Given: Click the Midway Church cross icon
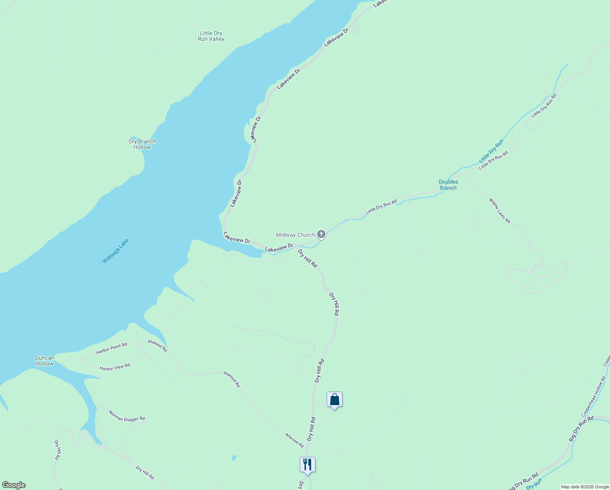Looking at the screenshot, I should click(x=321, y=234).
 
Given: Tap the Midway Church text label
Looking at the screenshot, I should click(x=295, y=235).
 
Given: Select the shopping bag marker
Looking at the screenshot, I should click(x=334, y=400).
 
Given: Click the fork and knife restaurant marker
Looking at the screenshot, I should click(x=307, y=465).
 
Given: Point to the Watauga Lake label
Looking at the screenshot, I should click(x=115, y=251).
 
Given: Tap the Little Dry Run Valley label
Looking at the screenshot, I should click(x=211, y=36).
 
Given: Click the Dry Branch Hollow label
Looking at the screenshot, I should click(x=142, y=144).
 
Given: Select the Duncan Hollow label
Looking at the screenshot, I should click(x=44, y=361).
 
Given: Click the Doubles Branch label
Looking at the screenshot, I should click(x=448, y=185).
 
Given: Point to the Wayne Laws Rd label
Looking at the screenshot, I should click(x=499, y=211).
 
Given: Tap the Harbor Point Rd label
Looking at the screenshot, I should click(x=112, y=348).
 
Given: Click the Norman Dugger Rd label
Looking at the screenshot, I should click(x=127, y=416).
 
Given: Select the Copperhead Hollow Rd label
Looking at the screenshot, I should click(x=595, y=396).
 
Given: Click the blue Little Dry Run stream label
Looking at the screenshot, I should click(x=491, y=151).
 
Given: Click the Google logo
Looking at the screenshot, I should click(x=13, y=485).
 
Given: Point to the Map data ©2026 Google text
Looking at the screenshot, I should click(x=585, y=487).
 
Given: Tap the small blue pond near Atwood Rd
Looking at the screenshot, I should click(x=234, y=458).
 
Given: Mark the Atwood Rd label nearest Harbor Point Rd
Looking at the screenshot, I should click(x=157, y=345).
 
